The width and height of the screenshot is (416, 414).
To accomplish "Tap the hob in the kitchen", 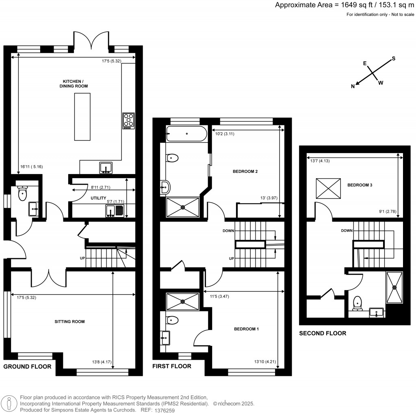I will click(128, 121).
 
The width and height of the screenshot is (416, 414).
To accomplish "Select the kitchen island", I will click(82, 116).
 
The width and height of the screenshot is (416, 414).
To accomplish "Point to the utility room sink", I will click(110, 211).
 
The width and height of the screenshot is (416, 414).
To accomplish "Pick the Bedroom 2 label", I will click(245, 171).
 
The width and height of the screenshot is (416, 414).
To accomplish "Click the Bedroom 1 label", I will click(246, 329).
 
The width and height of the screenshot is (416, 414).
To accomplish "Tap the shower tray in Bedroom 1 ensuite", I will click(182, 302).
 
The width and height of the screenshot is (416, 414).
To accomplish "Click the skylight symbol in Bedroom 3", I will click(329, 188).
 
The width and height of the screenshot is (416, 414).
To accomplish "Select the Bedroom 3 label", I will click(360, 185).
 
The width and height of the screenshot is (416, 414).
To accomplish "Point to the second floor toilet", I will click(357, 303).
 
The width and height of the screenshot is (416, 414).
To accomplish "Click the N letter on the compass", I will click(353, 86).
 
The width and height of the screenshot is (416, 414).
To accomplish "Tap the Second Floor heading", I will click(323, 333).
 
